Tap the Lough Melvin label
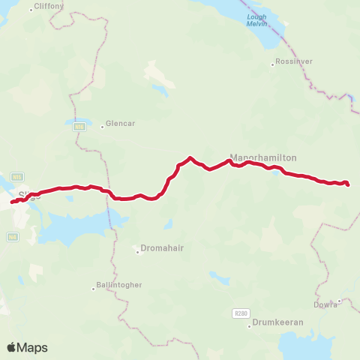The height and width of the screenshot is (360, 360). (x=256, y=19)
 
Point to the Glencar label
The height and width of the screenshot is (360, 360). (x=121, y=124)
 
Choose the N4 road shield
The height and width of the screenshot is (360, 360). (x=12, y=236)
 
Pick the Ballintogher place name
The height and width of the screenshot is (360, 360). (x=118, y=286)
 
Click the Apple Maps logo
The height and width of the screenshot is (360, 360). (x=27, y=347)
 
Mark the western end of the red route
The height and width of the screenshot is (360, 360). (x=12, y=202)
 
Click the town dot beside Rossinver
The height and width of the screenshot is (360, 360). (x=272, y=64)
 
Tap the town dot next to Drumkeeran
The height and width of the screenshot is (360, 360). (x=248, y=324)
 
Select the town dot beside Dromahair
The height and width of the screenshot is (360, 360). (x=138, y=252)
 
